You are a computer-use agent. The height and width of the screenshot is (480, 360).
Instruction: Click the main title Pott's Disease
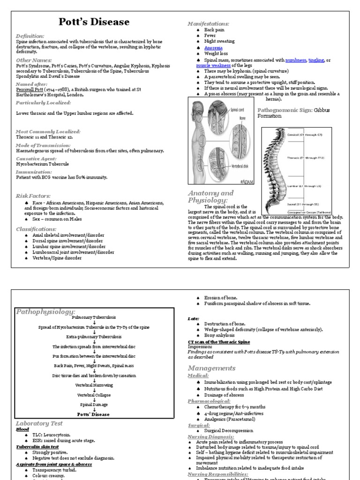(94, 22)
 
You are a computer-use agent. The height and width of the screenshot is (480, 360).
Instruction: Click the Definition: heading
(30, 36)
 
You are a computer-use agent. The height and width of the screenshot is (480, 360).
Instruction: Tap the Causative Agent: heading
(38, 159)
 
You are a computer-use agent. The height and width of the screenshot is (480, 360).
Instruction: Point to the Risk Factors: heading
(33, 196)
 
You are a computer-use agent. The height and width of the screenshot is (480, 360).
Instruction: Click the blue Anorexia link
(213, 48)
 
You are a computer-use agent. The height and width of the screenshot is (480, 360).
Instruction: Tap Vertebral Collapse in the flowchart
(94, 395)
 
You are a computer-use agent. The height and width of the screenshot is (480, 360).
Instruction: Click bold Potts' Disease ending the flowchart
(94, 414)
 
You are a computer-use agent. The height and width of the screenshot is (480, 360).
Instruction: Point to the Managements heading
(211, 368)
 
